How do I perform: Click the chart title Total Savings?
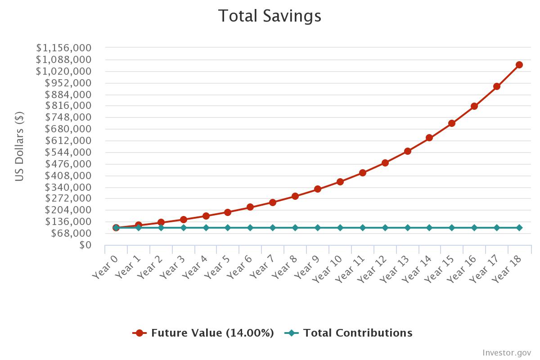click(270, 16)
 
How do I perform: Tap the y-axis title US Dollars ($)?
click(19, 146)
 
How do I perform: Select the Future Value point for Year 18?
click(519, 65)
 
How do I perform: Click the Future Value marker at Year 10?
click(340, 182)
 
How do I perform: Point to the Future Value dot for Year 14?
click(429, 138)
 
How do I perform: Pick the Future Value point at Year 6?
click(250, 207)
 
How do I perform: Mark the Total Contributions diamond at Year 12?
click(385, 228)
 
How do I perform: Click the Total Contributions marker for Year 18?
click(519, 228)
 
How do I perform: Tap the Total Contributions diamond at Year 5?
click(228, 228)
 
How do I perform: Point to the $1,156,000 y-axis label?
click(64, 48)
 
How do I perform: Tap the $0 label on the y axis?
click(85, 245)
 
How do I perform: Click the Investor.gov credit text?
click(507, 352)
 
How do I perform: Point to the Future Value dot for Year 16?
click(474, 106)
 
